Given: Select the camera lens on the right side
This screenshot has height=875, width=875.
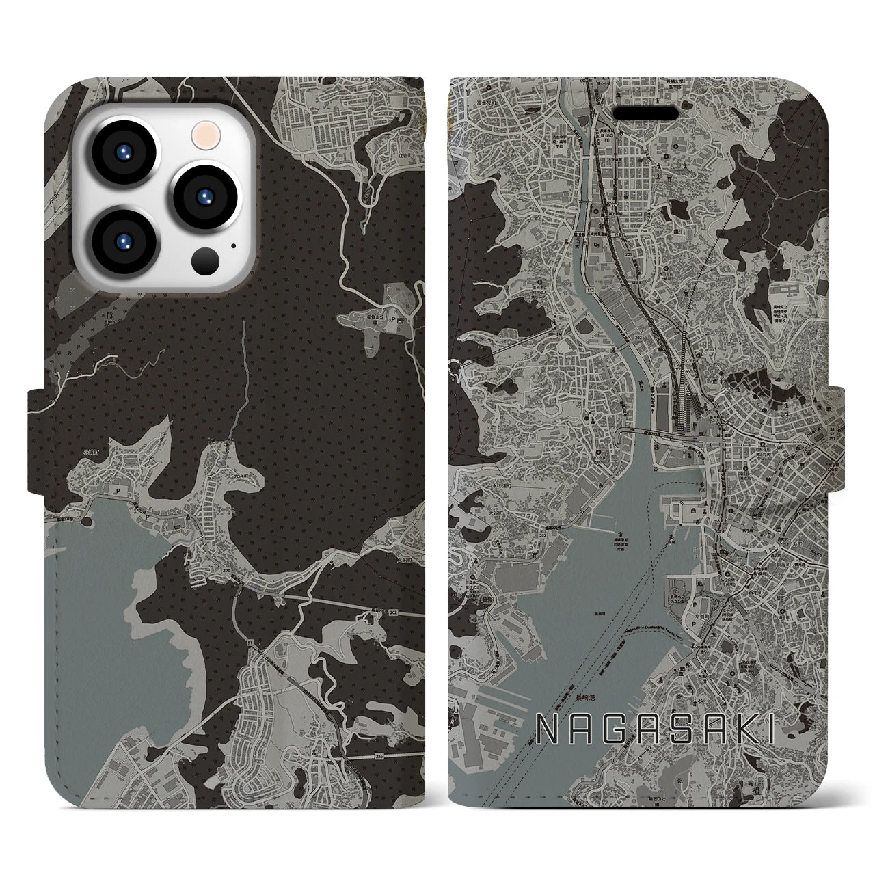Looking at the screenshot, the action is [x=204, y=197].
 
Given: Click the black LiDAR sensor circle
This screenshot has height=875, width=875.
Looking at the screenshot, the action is [x=205, y=260].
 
